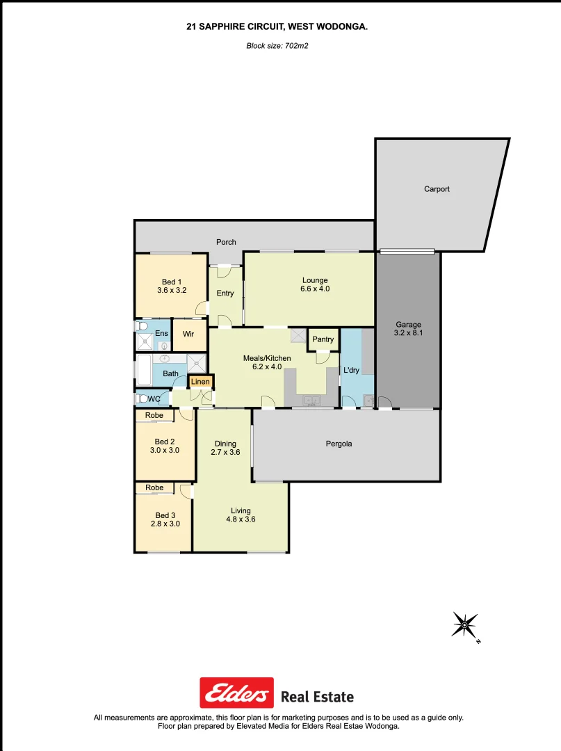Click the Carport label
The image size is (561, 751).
point(437,189)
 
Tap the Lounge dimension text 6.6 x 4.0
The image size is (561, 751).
point(315,289)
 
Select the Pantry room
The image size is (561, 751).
point(323,339)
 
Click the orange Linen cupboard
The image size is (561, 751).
point(200,382)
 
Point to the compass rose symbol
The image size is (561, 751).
point(464,625)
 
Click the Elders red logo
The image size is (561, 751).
point(236,693)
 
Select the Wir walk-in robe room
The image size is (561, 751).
point(188,334)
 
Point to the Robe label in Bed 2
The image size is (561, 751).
point(154,416)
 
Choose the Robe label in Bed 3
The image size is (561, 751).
point(154,488)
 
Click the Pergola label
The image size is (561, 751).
point(339,444)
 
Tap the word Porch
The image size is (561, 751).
point(226,242)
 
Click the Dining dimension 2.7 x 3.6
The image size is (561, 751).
point(225,453)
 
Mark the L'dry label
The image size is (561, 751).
point(351,371)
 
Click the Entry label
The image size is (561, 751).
point(225,293)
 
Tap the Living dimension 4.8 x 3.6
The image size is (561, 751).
point(241,519)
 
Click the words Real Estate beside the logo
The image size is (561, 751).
point(317,697)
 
